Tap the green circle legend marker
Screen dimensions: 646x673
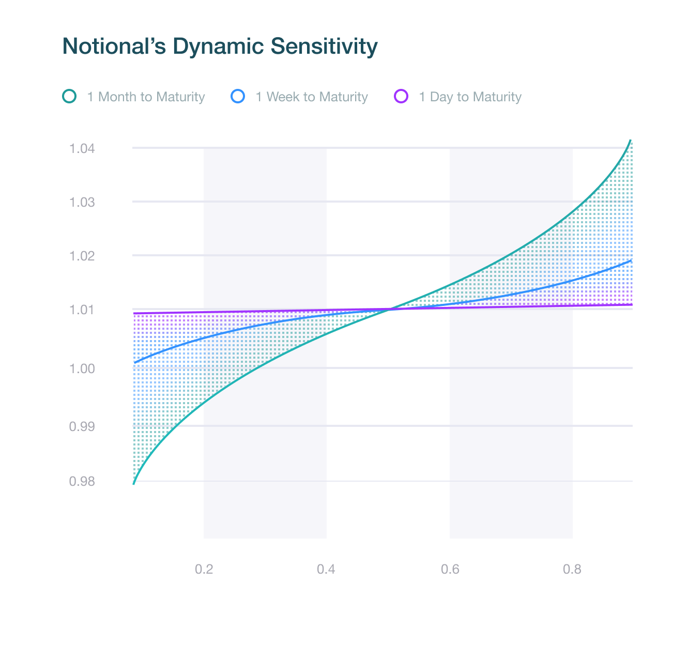(69, 97)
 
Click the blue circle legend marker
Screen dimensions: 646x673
(238, 97)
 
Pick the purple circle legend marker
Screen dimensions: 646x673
(401, 97)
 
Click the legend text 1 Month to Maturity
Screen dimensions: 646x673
(146, 97)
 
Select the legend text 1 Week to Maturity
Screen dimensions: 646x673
(312, 97)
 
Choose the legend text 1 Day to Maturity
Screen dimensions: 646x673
(470, 97)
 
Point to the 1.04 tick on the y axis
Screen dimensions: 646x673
(82, 149)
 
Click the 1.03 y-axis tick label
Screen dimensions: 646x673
(82, 202)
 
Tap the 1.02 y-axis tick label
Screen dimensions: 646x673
(82, 256)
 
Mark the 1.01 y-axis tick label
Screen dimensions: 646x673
(82, 310)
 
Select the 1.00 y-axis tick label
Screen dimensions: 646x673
(82, 368)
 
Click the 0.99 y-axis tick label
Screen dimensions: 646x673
(82, 427)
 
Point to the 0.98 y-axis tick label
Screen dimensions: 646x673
(82, 482)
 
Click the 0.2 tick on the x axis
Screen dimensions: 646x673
(204, 570)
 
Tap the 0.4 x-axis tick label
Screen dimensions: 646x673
(326, 570)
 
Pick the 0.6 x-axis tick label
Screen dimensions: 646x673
(450, 570)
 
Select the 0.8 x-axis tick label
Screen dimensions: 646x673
(572, 570)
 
